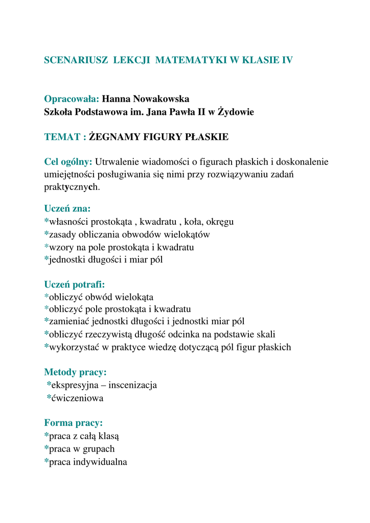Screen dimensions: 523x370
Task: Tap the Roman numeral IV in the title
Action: pos(287,60)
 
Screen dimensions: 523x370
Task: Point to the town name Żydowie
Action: pos(236,111)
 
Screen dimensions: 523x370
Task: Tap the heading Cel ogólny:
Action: pos(68,162)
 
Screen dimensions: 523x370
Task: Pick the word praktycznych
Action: pos(72,187)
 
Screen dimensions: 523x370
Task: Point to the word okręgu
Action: pos(220,222)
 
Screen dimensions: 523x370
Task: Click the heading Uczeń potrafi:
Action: pos(74,284)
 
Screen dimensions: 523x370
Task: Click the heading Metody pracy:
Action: pos(75,372)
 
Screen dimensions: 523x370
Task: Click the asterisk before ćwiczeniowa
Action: pos(49,398)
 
